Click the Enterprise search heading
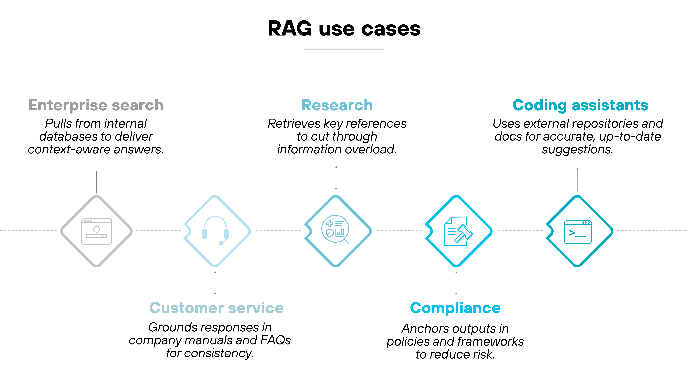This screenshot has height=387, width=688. coord(96,105)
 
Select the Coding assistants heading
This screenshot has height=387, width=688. coord(580,105)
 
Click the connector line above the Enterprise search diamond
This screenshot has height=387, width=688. coord(96,182)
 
